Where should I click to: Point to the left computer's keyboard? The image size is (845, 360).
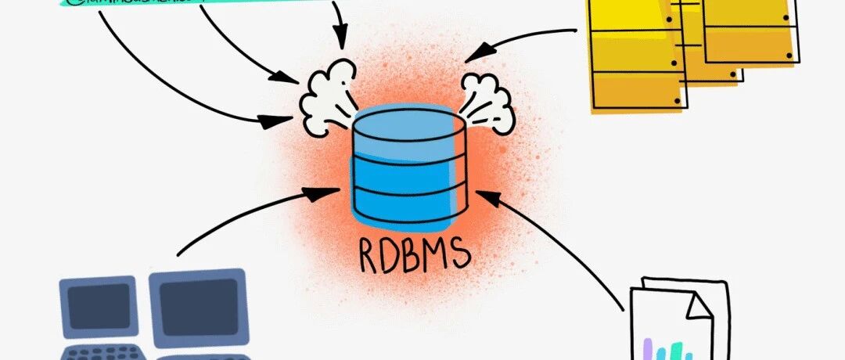pos(102,351)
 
